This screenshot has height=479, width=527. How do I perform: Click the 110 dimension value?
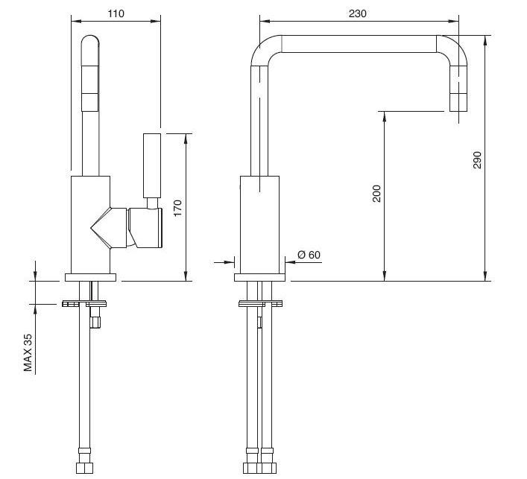click(x=116, y=13)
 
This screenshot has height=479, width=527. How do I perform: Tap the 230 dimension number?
click(x=357, y=13)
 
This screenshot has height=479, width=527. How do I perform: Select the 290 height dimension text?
click(x=477, y=160)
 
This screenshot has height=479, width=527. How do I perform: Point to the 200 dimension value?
click(x=376, y=194)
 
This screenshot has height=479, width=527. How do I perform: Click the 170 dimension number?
click(x=177, y=208)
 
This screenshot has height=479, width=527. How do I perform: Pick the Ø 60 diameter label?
click(x=309, y=255)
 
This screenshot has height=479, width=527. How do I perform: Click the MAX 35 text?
click(x=28, y=352)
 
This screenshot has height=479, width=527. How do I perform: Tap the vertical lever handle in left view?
click(x=152, y=165)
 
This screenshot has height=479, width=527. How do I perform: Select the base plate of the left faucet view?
click(x=90, y=277)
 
